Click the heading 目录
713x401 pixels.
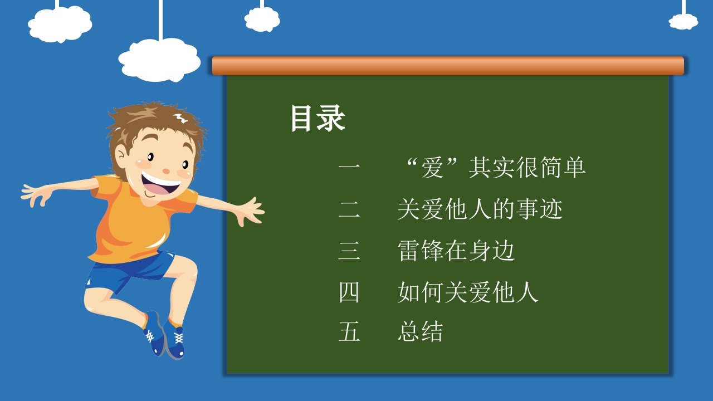(318, 118)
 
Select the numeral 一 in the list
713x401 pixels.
(349, 166)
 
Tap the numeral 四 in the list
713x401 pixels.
(349, 292)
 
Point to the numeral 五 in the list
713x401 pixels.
(349, 331)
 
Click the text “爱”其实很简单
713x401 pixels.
(496, 167)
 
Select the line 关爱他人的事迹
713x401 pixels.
(480, 209)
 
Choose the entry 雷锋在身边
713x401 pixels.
(456, 251)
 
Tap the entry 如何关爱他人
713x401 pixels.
(468, 292)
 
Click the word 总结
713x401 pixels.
(421, 331)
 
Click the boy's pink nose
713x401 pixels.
(166, 171)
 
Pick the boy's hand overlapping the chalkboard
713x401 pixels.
(250, 211)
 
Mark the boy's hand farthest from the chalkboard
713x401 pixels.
(36, 194)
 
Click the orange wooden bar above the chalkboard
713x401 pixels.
(448, 66)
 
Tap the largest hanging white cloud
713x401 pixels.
(159, 60)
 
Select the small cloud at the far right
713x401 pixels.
(683, 22)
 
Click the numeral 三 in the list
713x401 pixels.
(349, 251)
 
